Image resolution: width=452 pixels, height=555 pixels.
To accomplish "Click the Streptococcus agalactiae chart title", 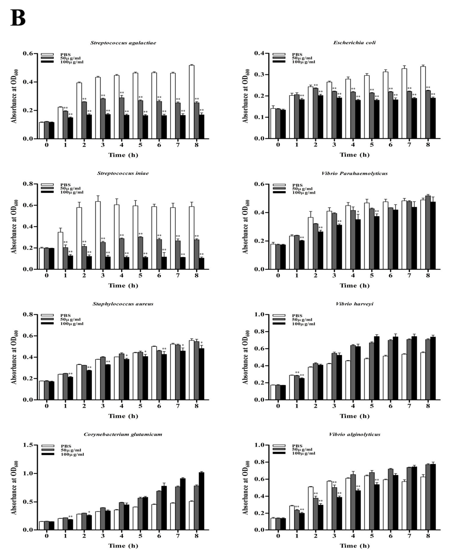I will [123, 43].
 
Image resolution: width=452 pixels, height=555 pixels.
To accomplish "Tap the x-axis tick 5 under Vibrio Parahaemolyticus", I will [372, 275].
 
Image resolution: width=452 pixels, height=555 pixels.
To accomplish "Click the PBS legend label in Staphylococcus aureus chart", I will [65, 316].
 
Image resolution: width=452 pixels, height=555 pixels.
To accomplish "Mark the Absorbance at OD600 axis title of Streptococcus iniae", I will [14, 227].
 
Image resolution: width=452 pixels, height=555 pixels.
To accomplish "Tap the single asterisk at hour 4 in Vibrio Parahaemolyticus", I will [358, 212].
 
